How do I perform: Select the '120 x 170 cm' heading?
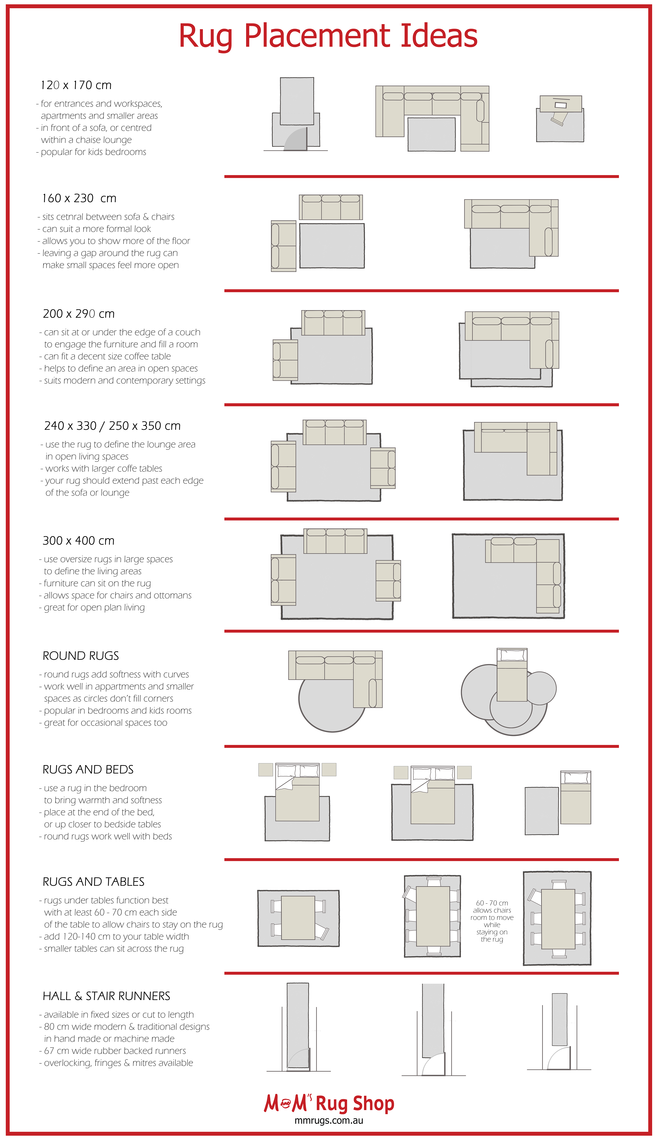tap(76, 85)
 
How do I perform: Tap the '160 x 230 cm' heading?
tap(79, 198)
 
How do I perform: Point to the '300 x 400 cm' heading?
tap(78, 541)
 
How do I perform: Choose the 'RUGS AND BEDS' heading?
tap(88, 770)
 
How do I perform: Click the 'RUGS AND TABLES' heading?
tap(93, 882)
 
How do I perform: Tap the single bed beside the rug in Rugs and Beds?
tap(576, 797)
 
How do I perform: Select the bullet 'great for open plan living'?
tap(94, 608)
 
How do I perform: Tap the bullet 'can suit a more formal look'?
tap(96, 229)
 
